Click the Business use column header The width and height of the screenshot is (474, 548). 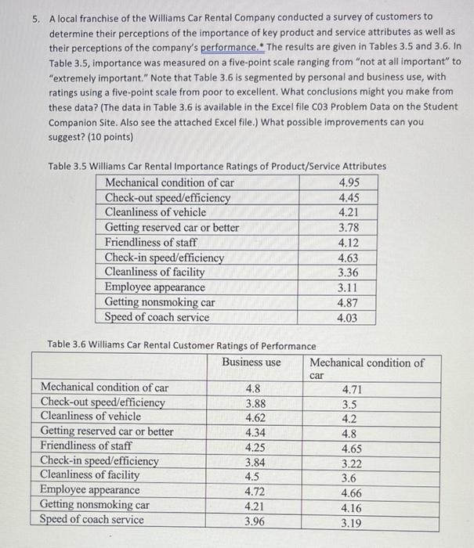(x=251, y=362)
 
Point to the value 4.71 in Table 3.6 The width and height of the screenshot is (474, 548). (x=352, y=388)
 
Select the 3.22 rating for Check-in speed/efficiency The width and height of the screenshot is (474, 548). (x=352, y=462)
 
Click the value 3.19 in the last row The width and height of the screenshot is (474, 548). (x=352, y=521)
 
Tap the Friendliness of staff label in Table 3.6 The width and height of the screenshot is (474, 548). (x=85, y=446)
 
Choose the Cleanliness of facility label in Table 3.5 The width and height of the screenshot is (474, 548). (x=154, y=272)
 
